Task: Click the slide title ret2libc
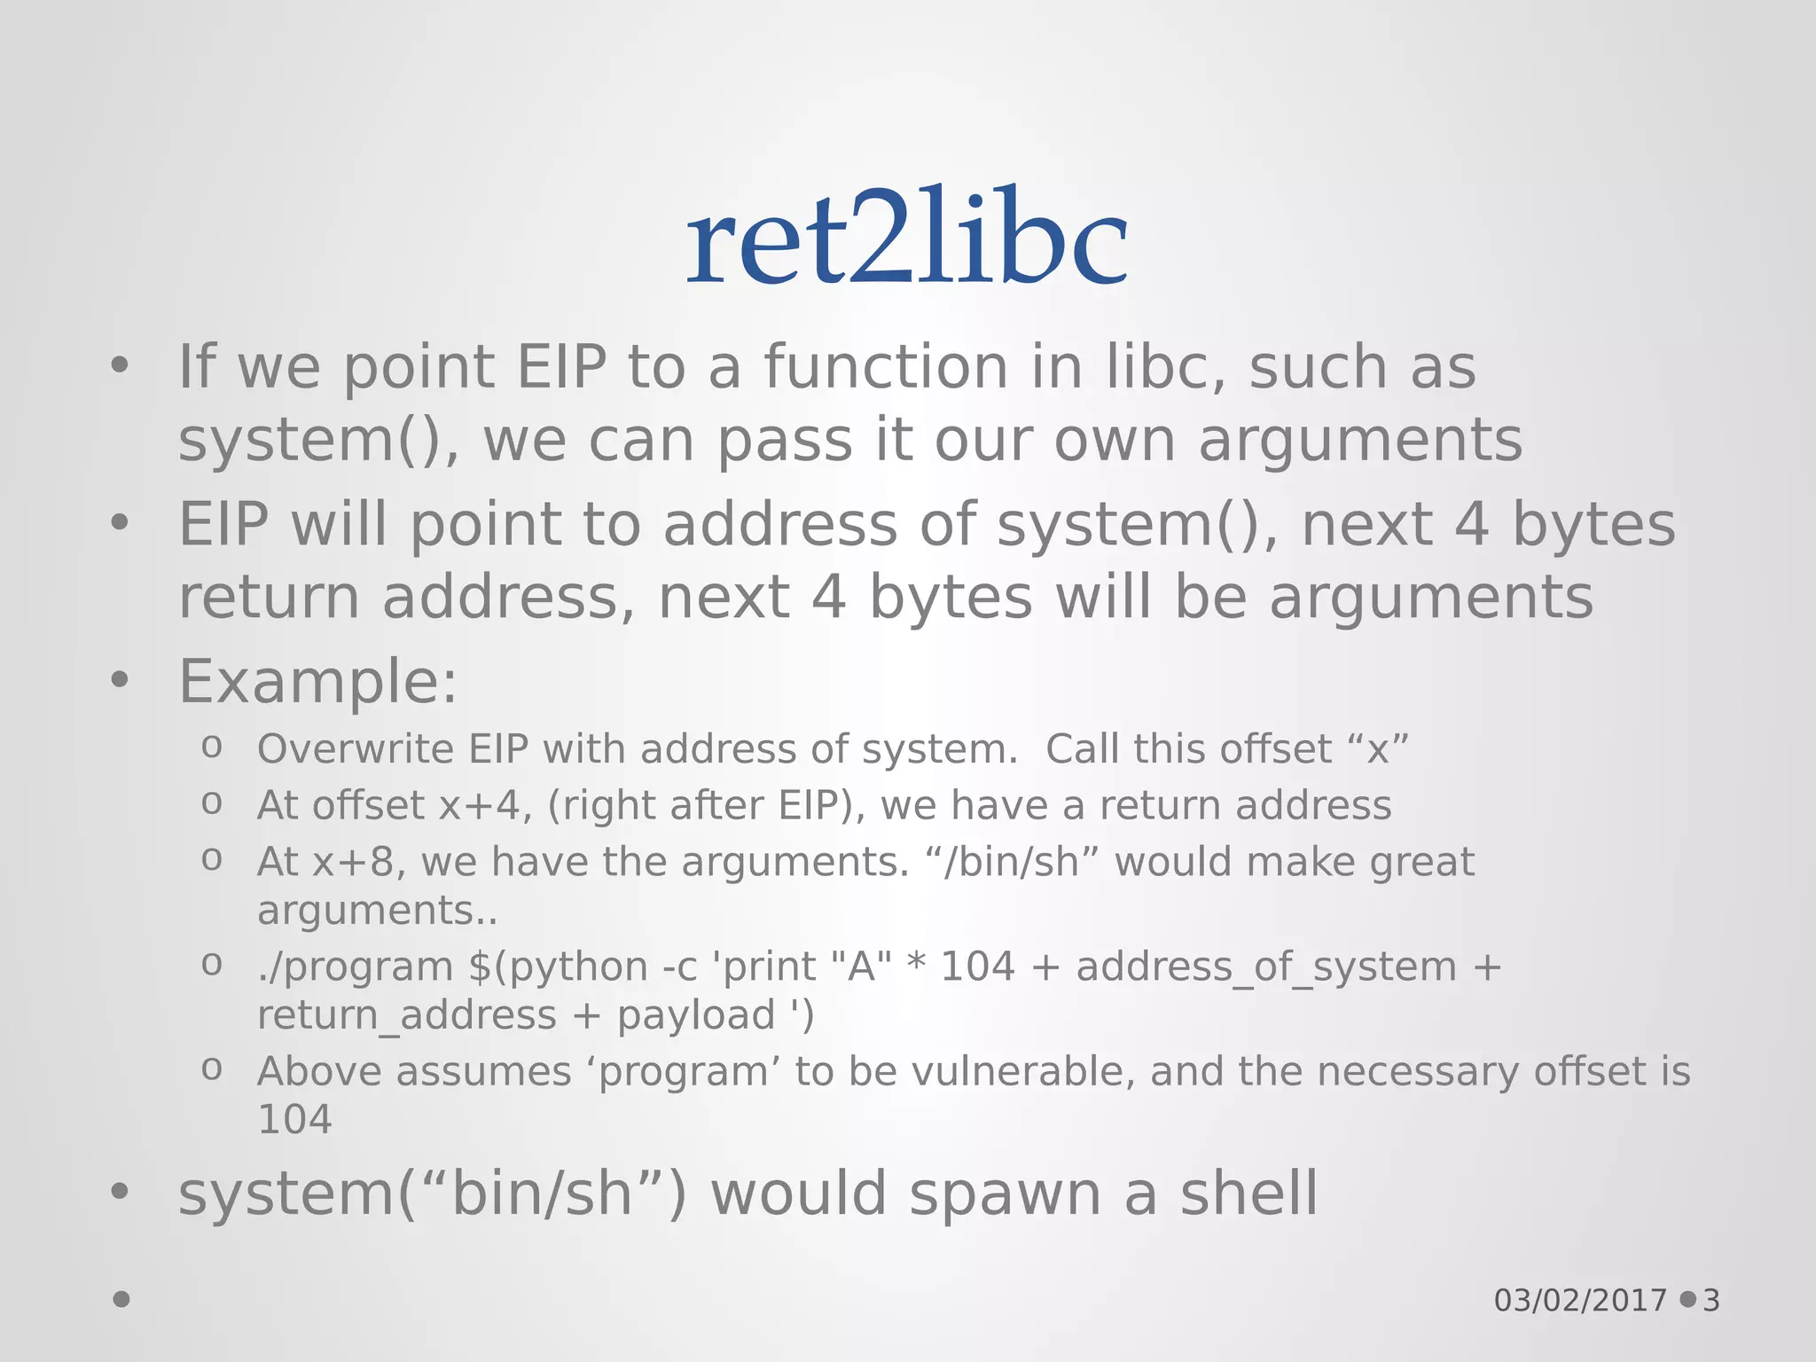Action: (x=907, y=238)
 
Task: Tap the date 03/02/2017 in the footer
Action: (x=1580, y=1301)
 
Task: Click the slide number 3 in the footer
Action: (x=1710, y=1301)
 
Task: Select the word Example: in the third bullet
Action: (x=318, y=682)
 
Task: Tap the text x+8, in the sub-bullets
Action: (x=359, y=862)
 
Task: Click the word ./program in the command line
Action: (x=355, y=967)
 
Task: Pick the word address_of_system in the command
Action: (x=1266, y=967)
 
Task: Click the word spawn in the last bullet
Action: (x=1005, y=1194)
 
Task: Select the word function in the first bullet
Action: (x=886, y=367)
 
